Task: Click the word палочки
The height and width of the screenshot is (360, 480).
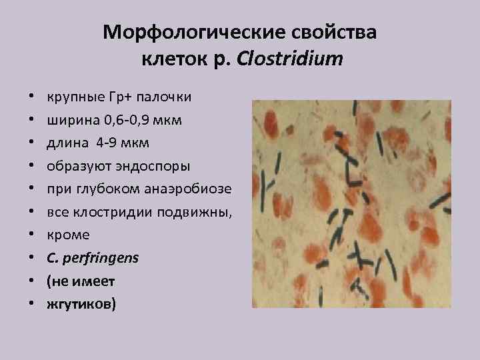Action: [x=165, y=97]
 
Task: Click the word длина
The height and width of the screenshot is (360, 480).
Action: [x=66, y=143]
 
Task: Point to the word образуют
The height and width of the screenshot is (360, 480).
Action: [x=75, y=166]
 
